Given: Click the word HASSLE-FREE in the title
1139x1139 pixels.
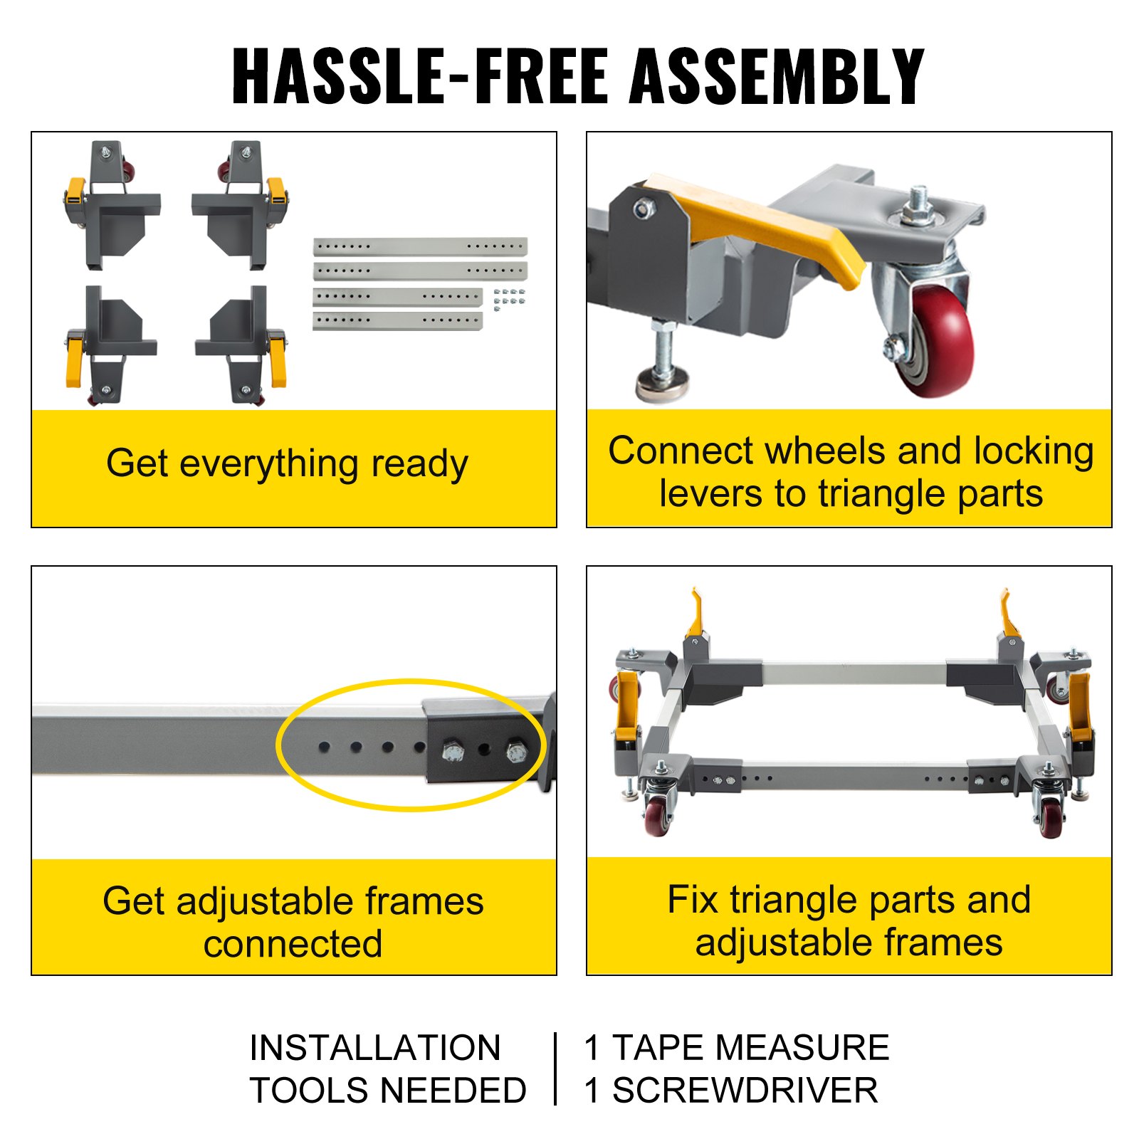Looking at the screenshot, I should [x=421, y=77].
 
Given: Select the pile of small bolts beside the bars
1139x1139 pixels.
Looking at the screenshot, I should [x=510, y=300].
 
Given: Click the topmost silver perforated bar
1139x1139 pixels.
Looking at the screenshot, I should [x=420, y=246].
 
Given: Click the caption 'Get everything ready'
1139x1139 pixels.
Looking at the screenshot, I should [x=287, y=463].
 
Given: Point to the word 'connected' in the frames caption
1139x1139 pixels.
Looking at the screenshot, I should [x=293, y=944].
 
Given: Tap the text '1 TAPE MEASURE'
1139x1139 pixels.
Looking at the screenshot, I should [x=736, y=1047].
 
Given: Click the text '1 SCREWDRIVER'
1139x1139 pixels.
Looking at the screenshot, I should [x=730, y=1090].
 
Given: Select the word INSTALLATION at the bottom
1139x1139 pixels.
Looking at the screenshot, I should [x=374, y=1047].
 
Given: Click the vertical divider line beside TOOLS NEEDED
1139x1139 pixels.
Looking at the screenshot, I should [x=555, y=1069].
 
